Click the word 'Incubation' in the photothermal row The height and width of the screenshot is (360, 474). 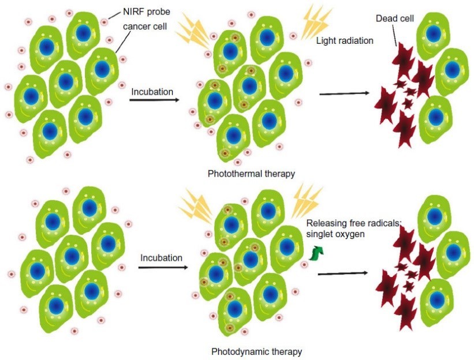pos(152,91)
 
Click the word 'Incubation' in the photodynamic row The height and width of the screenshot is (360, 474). pos(161,258)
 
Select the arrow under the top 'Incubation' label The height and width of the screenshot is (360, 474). pos(153,100)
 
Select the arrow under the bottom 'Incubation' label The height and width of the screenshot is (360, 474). pos(163,267)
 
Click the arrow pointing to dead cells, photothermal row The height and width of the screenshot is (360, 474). pos(344,93)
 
